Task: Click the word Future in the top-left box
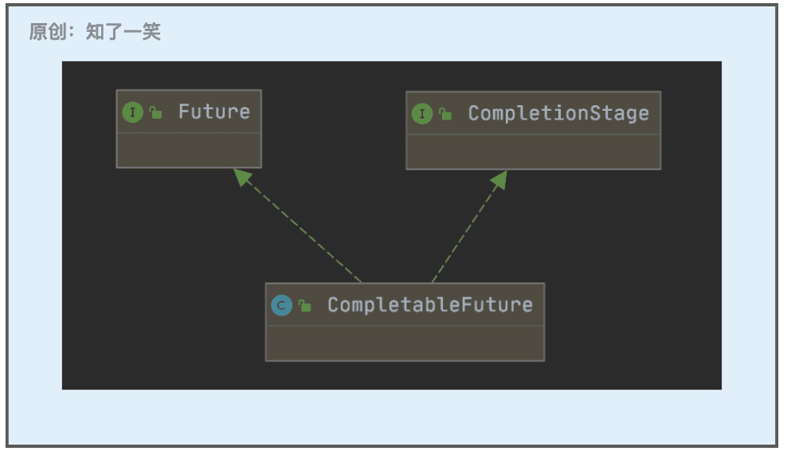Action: point(214,112)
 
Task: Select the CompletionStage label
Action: point(558,113)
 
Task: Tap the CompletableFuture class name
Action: point(430,305)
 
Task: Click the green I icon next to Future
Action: point(132,112)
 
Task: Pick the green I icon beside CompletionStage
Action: point(422,113)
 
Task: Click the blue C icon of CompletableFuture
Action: point(281,305)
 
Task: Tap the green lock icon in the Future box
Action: point(155,112)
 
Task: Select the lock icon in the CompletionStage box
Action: point(445,114)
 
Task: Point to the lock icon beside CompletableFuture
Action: point(304,305)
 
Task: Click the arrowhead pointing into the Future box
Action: point(242,177)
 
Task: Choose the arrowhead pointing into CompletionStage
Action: point(500,180)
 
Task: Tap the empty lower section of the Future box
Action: point(189,150)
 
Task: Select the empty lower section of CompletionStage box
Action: point(534,151)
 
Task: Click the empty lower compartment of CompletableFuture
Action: point(405,343)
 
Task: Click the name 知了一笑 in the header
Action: point(123,32)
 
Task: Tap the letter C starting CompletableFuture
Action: point(333,305)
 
